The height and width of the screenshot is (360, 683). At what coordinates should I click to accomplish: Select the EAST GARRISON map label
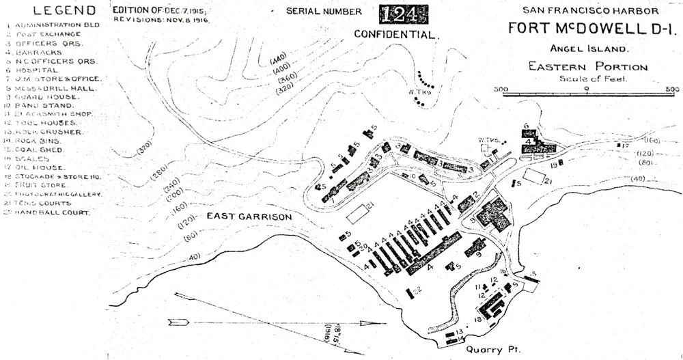pyautogui.click(x=249, y=217)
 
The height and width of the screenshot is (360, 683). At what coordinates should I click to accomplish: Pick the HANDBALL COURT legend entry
pyautogui.click(x=51, y=212)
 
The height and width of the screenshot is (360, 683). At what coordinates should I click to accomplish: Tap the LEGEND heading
pyautogui.click(x=55, y=10)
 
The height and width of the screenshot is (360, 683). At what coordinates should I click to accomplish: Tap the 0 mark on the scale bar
pyautogui.click(x=586, y=89)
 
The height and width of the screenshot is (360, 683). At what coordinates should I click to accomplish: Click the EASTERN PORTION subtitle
pyautogui.click(x=587, y=67)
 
